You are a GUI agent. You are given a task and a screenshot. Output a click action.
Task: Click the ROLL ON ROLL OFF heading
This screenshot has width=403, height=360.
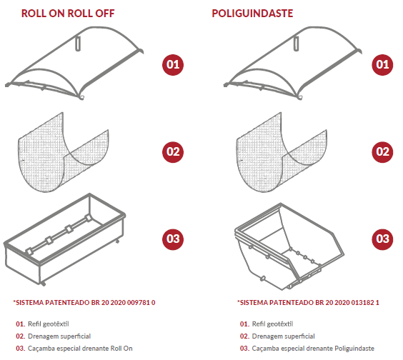(x=68, y=14)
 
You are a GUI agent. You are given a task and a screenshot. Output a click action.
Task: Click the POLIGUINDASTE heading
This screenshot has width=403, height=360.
(x=252, y=14)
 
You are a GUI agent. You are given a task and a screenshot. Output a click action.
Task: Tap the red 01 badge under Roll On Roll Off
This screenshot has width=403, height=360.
(x=173, y=65)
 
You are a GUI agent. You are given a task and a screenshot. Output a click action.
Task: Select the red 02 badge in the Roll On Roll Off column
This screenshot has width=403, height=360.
(x=173, y=152)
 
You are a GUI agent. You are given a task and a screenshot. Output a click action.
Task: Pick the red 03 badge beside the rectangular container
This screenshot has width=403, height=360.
(x=173, y=239)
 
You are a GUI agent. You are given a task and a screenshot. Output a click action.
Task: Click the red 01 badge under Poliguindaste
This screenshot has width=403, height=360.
(x=382, y=65)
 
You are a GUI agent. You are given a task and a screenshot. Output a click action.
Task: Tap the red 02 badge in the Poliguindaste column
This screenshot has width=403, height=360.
(x=382, y=152)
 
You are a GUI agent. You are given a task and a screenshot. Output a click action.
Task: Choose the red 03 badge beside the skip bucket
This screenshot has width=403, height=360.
(x=382, y=239)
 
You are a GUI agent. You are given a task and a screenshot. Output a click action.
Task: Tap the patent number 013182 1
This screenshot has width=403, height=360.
(x=365, y=302)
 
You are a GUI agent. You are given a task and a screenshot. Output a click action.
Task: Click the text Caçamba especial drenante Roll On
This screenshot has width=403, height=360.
(x=80, y=349)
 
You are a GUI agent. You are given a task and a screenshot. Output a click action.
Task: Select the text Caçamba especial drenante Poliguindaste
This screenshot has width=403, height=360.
(x=313, y=349)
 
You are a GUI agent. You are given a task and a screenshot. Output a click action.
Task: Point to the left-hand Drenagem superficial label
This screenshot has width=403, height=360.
(x=59, y=336)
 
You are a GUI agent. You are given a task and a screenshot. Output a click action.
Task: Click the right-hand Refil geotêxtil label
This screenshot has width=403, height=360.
(x=272, y=324)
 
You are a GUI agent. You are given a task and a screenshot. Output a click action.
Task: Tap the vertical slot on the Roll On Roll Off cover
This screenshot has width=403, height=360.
(x=78, y=44)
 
